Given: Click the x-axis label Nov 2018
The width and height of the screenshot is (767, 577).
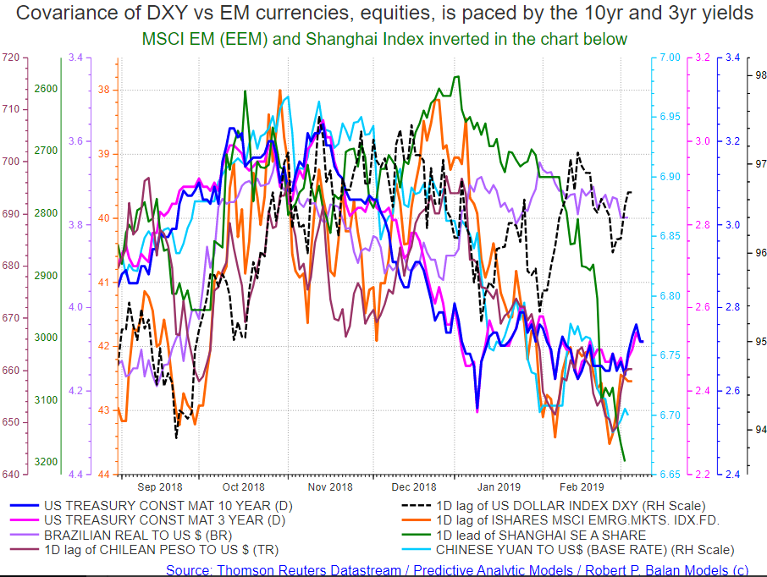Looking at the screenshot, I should (x=329, y=486).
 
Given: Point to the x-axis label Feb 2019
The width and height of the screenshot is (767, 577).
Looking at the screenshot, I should (x=581, y=486).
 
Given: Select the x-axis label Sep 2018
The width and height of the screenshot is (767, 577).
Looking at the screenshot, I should (x=159, y=486).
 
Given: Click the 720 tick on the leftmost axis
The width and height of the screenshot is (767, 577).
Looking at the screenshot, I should (x=11, y=58).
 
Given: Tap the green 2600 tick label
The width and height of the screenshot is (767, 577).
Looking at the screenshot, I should (x=46, y=89).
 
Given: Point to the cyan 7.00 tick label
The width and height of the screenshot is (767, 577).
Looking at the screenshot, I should (x=670, y=58).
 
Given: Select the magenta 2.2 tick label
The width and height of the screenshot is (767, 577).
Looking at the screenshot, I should (x=703, y=474).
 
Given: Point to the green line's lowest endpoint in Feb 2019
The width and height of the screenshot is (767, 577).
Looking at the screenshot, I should (x=625, y=461).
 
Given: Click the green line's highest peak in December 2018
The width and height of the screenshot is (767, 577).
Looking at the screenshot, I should (x=457, y=76).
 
